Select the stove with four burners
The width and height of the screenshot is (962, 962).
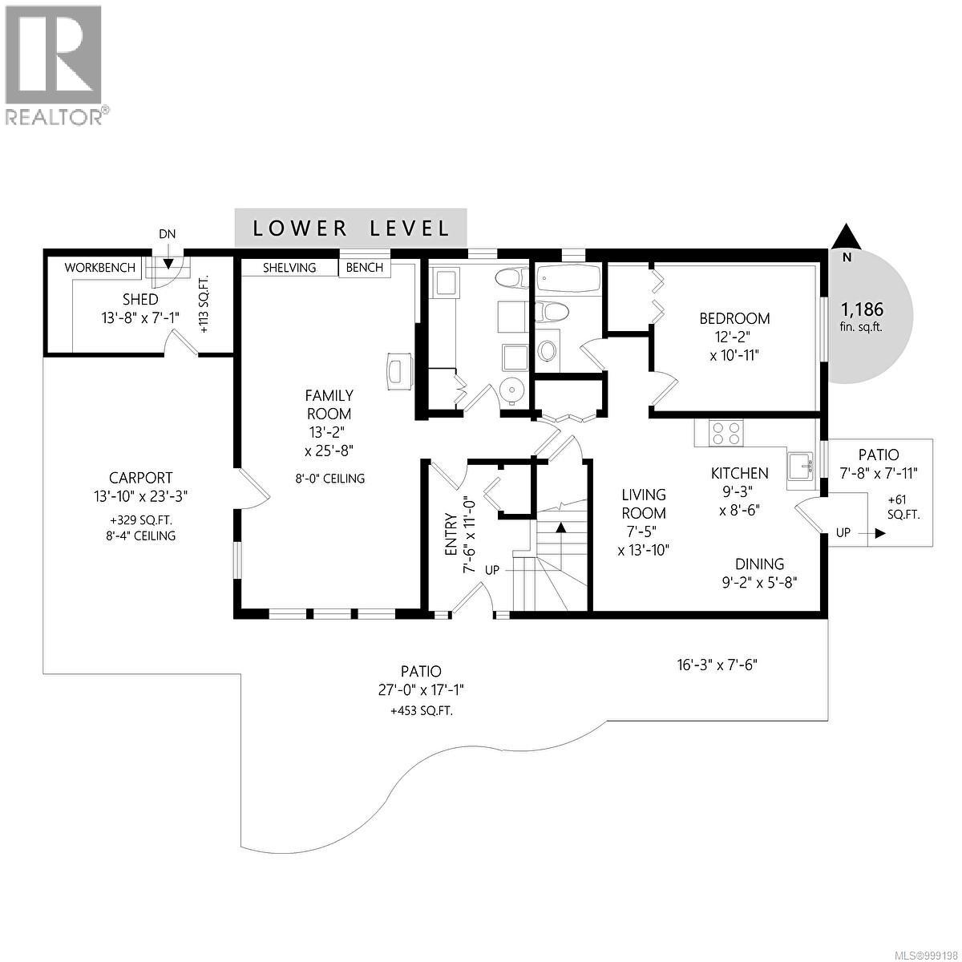point(726,433)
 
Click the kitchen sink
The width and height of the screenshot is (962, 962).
point(799,466)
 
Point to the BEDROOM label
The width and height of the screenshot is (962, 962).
point(734,318)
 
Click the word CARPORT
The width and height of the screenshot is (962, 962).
point(141,478)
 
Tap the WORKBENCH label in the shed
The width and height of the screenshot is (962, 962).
point(100,267)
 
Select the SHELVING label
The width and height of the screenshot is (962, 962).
point(289,267)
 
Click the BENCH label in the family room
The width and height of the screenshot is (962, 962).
point(365,267)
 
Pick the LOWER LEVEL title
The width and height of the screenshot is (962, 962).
point(350,228)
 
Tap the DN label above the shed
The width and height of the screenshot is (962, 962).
point(167,234)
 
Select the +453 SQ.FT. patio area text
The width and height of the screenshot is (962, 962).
point(421,711)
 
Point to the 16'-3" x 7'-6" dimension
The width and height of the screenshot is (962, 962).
point(716,665)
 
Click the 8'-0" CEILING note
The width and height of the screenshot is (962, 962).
point(329,479)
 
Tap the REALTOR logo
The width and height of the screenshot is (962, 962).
point(54,64)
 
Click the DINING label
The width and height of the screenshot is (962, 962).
point(758,564)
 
